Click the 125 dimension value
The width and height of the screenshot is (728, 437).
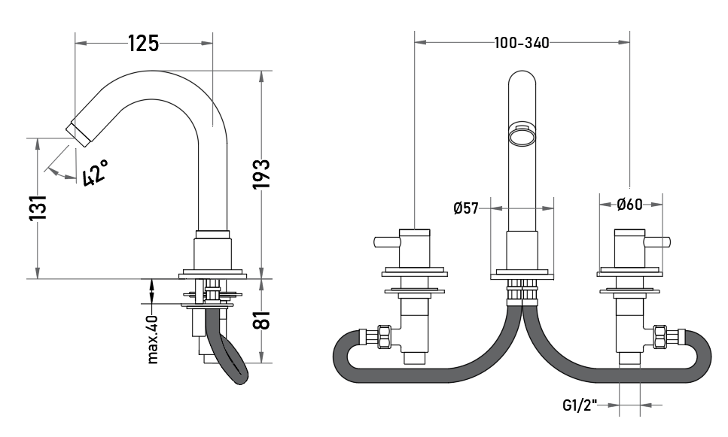click(144, 44)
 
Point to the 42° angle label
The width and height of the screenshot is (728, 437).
click(95, 172)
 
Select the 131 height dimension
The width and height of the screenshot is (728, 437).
click(38, 208)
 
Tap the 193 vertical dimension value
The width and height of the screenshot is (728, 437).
click(261, 174)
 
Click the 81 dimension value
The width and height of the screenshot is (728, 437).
click(261, 320)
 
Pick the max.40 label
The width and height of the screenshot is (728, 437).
click(153, 339)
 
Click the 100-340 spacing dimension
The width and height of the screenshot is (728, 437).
click(522, 43)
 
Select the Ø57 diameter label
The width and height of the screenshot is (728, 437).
click(466, 208)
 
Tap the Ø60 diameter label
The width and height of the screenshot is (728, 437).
click(629, 204)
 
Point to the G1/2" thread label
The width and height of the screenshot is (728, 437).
click(580, 405)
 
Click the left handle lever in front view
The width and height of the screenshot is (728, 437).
click(387, 242)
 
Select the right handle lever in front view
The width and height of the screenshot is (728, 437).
click(657, 242)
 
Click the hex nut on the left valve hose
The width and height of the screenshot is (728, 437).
click(385, 337)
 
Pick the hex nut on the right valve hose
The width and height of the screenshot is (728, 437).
click(659, 337)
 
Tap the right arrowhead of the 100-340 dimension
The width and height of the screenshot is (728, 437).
click(624, 42)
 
